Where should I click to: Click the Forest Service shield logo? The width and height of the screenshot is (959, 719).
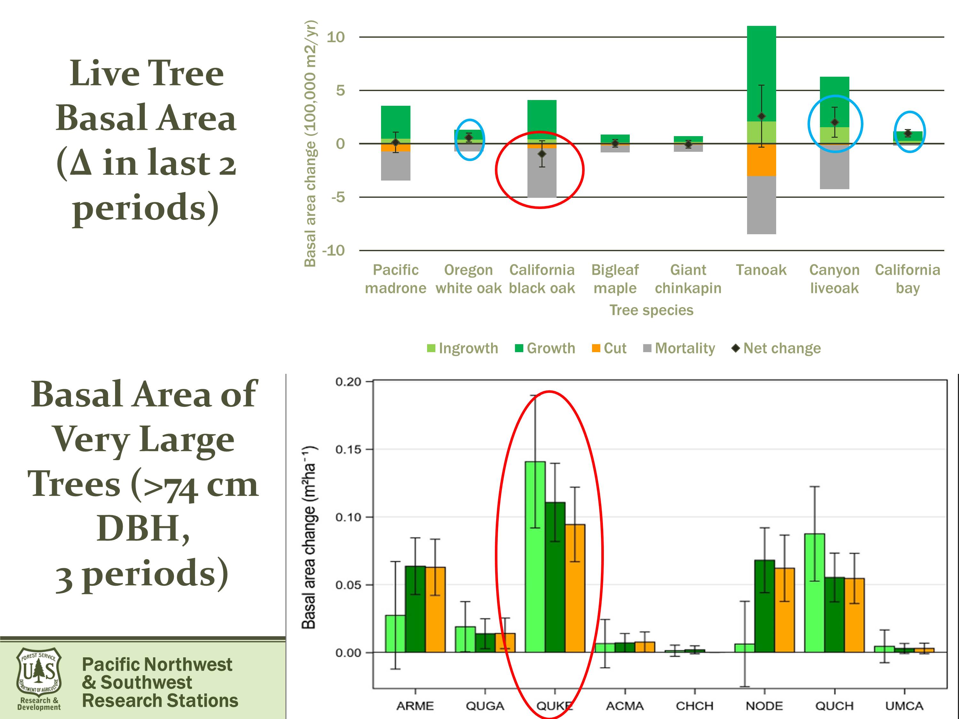[39, 672]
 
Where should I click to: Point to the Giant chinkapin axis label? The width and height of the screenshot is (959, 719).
[688, 279]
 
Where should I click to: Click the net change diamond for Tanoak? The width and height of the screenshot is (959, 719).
[761, 116]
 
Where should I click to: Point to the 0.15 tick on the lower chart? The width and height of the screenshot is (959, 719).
[348, 449]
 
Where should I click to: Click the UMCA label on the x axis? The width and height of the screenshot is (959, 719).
[904, 706]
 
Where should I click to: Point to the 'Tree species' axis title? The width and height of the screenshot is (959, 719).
[651, 310]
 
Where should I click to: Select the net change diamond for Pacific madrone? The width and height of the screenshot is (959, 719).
[395, 142]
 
